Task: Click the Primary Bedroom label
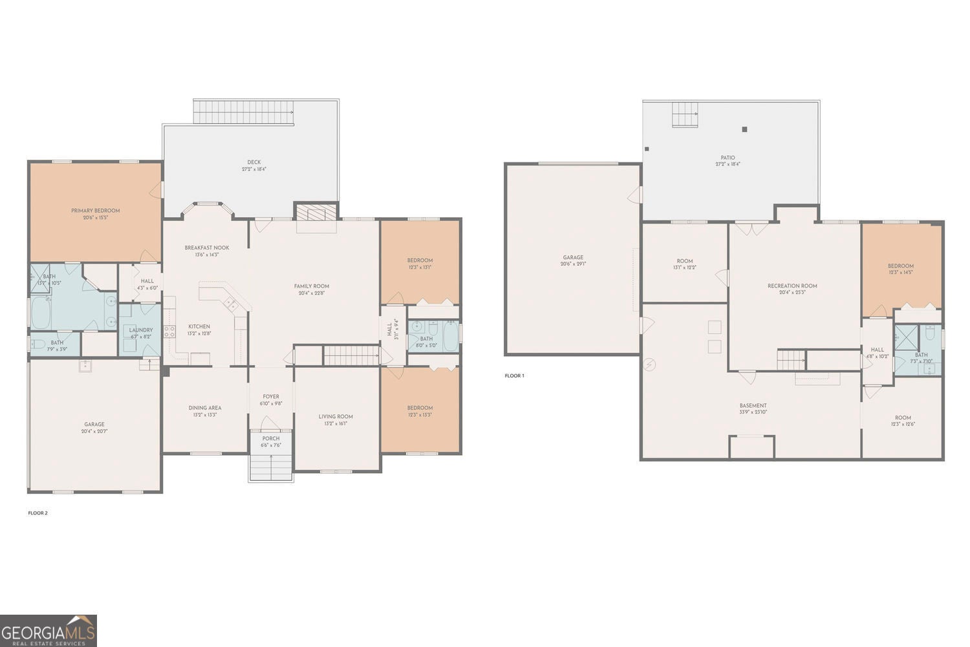point(95,211)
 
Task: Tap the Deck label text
point(253,162)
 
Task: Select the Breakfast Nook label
point(206,248)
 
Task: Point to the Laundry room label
point(140,330)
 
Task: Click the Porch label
point(271,438)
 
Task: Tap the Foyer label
point(271,397)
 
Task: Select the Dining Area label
point(205,408)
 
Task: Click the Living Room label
point(336,417)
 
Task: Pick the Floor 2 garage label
point(94,425)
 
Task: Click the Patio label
point(727,158)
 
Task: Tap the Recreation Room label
point(792,286)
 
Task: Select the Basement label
point(753,406)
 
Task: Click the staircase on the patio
point(685,115)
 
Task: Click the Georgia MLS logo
point(48,630)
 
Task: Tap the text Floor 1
point(515,376)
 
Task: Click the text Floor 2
point(38,513)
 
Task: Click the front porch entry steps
point(271,467)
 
